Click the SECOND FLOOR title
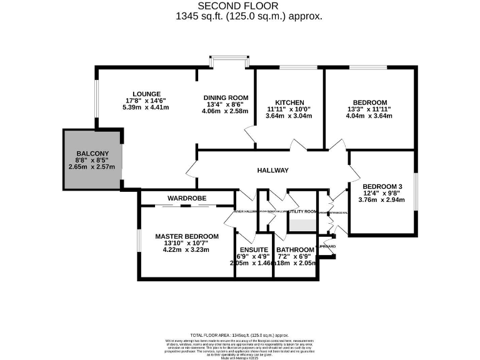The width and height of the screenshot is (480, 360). point(240,6)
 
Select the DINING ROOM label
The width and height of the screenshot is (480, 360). point(226,97)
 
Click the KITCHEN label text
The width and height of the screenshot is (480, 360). point(289,102)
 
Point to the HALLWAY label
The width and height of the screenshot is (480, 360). point(272,171)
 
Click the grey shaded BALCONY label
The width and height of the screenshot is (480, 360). point(92,154)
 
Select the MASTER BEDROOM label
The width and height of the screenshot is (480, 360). point(187,236)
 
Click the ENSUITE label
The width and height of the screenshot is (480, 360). point(254,250)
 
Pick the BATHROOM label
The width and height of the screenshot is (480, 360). point(296,250)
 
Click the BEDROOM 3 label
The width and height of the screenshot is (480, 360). point(381,186)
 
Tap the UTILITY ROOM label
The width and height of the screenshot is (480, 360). point(302,212)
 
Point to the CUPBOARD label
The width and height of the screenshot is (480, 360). point(326,246)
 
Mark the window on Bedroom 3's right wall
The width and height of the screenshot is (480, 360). point(415,193)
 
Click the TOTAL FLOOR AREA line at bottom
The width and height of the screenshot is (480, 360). point(239,335)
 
